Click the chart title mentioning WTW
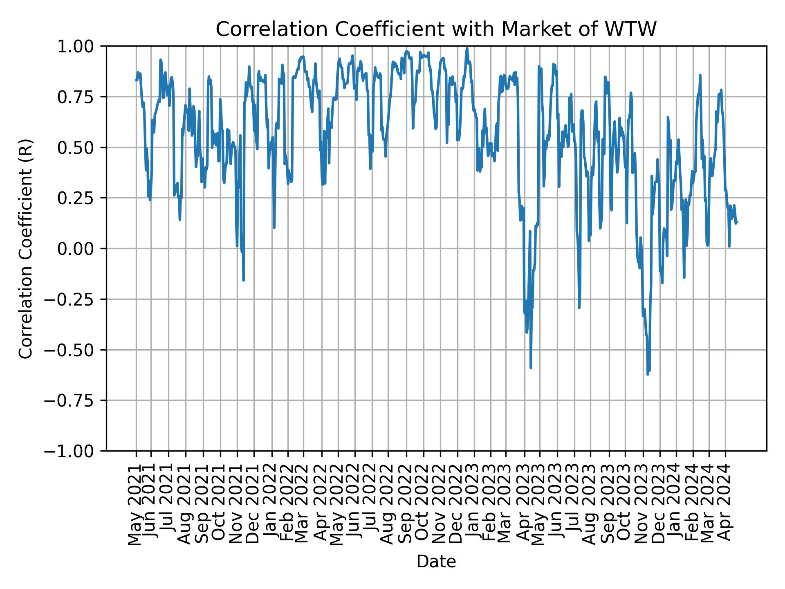tap(436, 29)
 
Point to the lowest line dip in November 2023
tap(648, 374)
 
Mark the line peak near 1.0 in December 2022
tap(467, 48)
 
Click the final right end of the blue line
tap(737, 222)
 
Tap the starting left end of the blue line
tap(136, 80)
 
